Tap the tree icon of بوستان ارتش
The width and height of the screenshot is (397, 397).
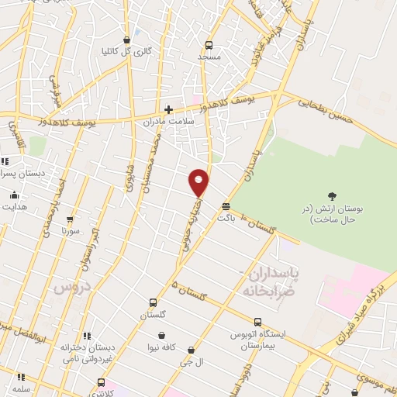(x=333, y=196)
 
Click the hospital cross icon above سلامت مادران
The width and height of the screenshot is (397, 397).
(x=168, y=109)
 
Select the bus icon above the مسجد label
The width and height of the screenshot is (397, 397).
(x=209, y=46)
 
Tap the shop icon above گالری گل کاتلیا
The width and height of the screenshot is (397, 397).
(x=127, y=40)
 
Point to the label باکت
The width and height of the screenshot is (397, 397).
(x=226, y=219)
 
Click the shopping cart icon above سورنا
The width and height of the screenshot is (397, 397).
(x=70, y=219)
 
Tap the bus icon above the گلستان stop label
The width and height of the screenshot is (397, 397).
(x=152, y=303)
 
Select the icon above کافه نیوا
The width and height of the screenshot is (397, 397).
(x=161, y=336)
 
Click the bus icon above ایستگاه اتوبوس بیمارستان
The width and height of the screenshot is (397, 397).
(x=257, y=322)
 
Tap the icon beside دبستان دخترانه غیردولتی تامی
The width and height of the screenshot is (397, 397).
(x=87, y=337)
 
